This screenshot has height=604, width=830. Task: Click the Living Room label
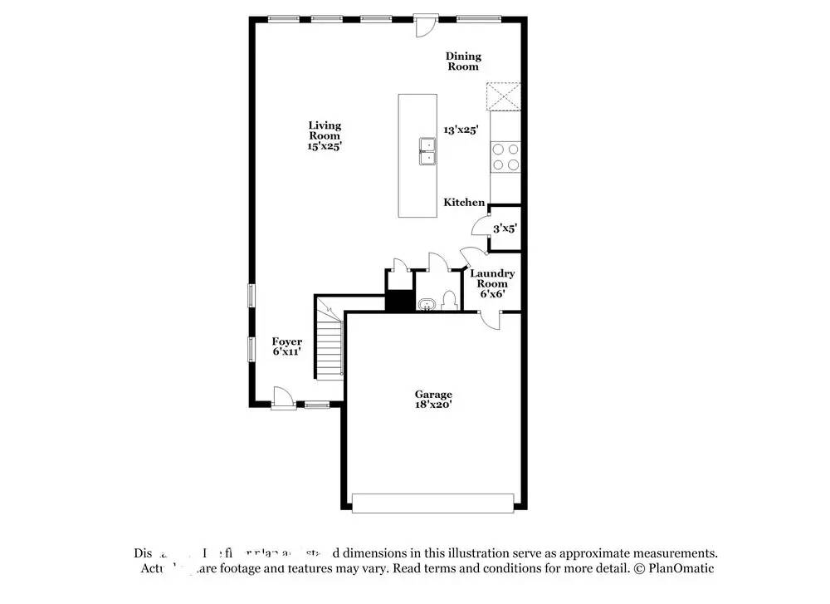pos(325,130)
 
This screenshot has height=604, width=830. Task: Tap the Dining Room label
pos(463,61)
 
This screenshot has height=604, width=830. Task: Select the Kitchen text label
pos(464,203)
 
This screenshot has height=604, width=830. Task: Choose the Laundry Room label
pos(492,278)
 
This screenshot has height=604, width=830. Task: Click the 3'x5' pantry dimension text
pos(505,228)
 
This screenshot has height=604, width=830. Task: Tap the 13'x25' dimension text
pos(461,130)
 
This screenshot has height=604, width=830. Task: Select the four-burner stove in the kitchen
pos(505,157)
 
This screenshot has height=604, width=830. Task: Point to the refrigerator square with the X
pos(504,96)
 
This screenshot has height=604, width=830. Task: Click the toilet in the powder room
pos(449,299)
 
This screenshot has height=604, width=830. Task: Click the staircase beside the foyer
pos(330,341)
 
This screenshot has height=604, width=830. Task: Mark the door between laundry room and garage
pos(492,320)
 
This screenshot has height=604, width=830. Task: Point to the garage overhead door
pos(432,502)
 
